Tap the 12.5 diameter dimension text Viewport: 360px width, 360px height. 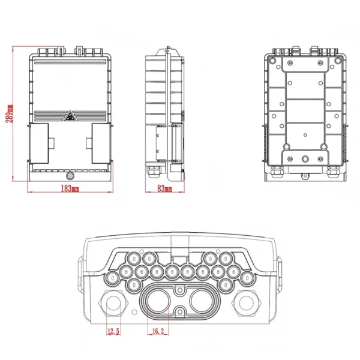(x=113, y=331)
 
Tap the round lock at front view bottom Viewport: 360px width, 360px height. (x=70, y=176)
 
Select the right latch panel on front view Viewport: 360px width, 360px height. (x=100, y=143)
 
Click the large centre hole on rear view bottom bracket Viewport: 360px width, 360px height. (x=305, y=160)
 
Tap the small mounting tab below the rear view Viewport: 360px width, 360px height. (x=305, y=176)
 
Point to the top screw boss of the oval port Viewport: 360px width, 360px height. (x=179, y=289)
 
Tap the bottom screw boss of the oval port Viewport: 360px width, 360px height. (x=179, y=311)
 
